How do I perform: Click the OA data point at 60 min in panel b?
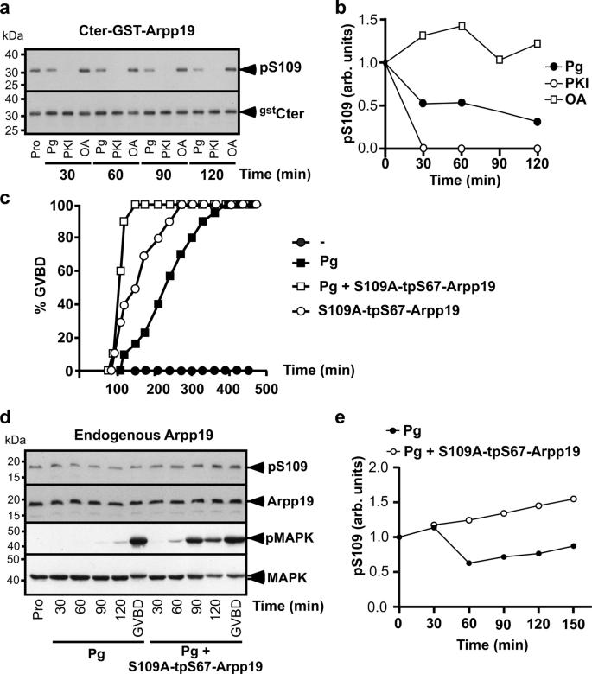[462, 26]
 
